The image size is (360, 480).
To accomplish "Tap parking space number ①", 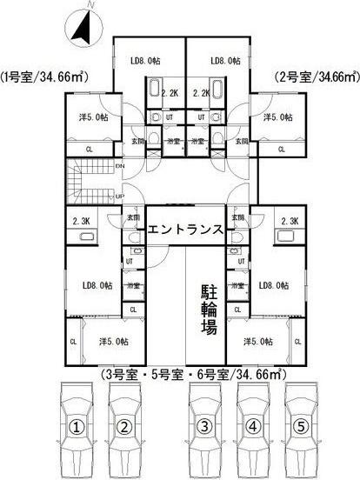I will point(77,427).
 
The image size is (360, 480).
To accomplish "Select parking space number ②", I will point(124,427).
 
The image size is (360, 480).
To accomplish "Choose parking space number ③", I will point(203,427).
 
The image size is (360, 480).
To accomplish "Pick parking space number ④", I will point(251,427).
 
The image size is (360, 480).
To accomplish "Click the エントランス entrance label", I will point(185,230).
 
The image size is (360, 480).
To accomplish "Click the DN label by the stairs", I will point(118,165).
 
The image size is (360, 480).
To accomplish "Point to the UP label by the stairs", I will point(118,196).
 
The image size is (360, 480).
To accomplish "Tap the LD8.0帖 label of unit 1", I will point(143,60).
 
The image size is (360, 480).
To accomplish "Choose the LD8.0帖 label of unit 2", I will point(226,60).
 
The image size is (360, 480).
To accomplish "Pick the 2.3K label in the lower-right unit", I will point(290,222).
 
